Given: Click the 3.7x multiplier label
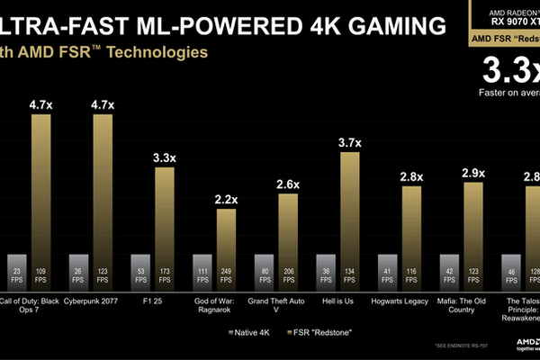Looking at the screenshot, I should click(x=350, y=142).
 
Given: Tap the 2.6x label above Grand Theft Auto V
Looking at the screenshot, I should click(x=288, y=184).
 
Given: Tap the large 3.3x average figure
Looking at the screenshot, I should click(x=508, y=70).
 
